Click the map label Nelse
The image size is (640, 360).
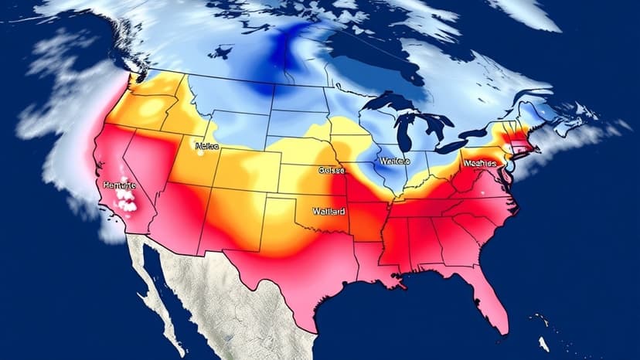(x=208, y=145)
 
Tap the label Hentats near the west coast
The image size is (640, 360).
(x=118, y=186)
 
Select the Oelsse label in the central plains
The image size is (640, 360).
(x=332, y=171)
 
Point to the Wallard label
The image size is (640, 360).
(x=329, y=210)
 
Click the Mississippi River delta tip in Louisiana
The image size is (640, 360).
(x=402, y=284)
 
